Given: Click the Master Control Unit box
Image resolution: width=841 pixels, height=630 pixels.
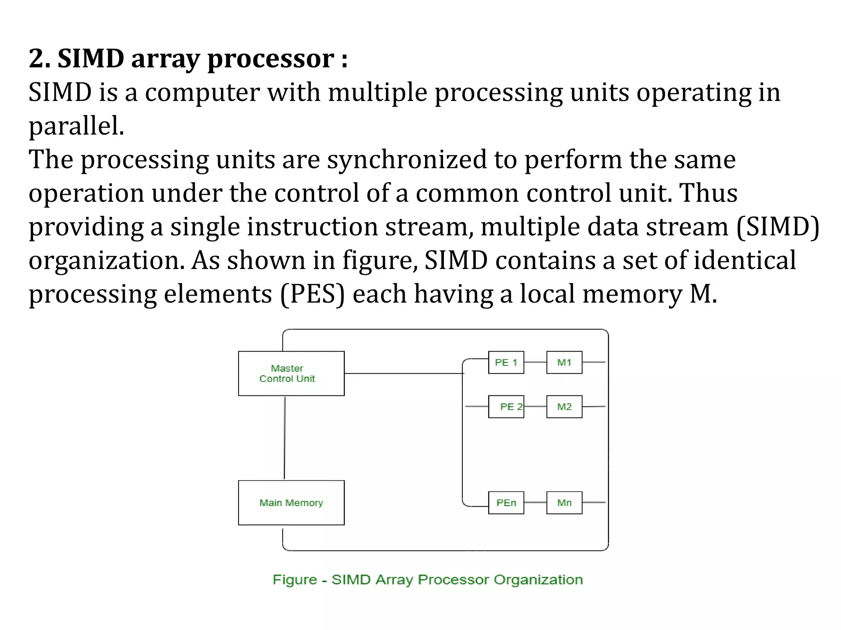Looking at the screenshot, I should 291,373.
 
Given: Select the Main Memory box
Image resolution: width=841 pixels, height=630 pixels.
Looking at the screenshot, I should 291,502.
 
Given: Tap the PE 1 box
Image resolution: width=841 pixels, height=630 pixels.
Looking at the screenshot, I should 506,362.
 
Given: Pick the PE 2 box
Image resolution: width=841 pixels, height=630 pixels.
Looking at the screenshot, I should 506,406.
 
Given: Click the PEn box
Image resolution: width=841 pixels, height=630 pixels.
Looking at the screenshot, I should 506,502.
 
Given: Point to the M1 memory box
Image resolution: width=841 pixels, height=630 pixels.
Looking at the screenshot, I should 564,362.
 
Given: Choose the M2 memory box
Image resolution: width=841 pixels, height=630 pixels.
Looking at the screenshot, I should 564,406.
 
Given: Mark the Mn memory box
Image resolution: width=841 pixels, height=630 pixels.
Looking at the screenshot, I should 564,502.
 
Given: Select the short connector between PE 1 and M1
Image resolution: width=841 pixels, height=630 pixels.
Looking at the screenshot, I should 535,362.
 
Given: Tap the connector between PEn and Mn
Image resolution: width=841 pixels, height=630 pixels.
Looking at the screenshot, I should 535,502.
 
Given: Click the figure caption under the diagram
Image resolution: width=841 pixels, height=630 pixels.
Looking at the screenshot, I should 427,580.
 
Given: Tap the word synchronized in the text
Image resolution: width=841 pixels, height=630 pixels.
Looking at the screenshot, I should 407,160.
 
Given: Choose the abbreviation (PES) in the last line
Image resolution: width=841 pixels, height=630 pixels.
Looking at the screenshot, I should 313,294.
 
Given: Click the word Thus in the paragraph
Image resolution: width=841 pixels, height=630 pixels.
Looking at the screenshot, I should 708,193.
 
